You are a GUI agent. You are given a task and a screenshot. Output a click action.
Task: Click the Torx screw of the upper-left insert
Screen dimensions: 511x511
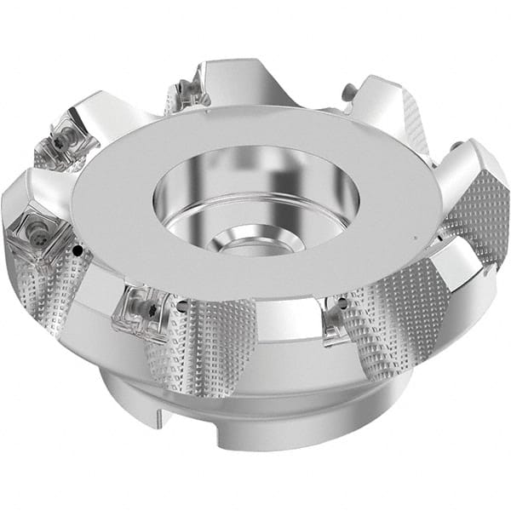tap(61, 136)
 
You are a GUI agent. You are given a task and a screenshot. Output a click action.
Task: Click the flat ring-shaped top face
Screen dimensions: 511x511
tap(153, 213)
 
